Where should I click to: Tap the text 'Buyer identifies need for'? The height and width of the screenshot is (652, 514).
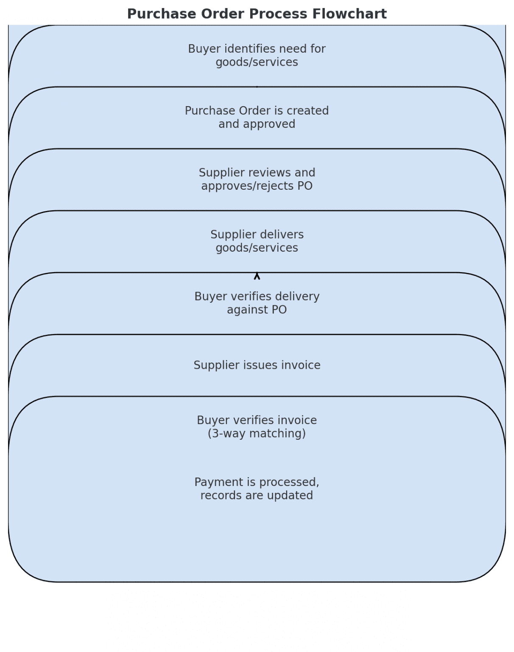pos(257,49)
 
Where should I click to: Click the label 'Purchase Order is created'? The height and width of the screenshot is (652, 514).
pos(257,111)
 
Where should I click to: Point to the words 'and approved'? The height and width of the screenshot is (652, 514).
pos(257,124)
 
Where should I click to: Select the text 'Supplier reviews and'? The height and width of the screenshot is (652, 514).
pos(257,173)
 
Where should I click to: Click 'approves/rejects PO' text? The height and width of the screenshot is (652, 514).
pos(257,186)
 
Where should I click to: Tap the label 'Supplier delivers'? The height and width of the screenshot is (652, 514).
pos(257,235)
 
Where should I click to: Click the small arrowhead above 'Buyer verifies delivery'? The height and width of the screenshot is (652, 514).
pos(257,276)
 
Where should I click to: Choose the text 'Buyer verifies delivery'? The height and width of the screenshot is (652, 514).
pos(257,296)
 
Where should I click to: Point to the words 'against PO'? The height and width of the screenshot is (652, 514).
pos(257,310)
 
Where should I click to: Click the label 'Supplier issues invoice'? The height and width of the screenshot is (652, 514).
pos(257,365)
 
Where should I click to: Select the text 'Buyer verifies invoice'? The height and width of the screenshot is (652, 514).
pos(257,420)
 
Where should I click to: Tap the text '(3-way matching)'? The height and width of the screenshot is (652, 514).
pos(257,433)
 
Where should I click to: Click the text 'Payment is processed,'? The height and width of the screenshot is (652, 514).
pos(257,482)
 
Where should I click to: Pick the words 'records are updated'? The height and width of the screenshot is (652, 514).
pos(257,495)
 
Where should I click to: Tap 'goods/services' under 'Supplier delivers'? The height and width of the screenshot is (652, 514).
pos(257,248)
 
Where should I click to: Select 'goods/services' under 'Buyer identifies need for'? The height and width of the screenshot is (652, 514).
pos(257,62)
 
